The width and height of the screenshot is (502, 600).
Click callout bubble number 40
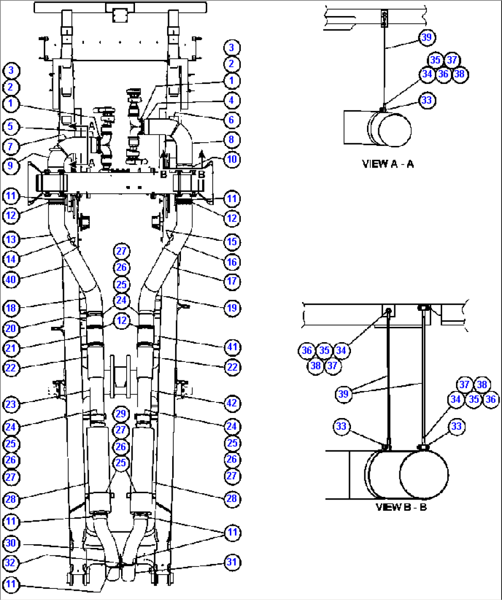[11, 280]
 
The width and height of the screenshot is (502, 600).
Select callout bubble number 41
[232, 347]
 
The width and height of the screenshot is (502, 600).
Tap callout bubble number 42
[232, 403]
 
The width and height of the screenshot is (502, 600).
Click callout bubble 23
[11, 405]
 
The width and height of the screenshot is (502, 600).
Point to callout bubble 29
[121, 414]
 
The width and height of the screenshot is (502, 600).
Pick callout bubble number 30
[11, 543]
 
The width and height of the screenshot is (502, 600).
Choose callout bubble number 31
[232, 562]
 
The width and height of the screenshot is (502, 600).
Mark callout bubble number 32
[11, 562]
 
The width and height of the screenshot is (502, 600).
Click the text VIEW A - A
[388, 164]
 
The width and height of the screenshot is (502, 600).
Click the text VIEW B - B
[401, 507]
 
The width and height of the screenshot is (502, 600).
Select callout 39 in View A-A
[427, 37]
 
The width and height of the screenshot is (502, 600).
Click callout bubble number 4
[232, 100]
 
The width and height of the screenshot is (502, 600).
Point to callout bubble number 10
[232, 159]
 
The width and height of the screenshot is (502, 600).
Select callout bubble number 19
[232, 308]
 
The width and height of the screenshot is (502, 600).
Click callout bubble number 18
[11, 308]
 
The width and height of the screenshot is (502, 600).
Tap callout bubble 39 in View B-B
[344, 394]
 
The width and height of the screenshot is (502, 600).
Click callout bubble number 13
[11, 239]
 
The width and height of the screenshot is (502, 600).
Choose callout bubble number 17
[232, 281]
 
